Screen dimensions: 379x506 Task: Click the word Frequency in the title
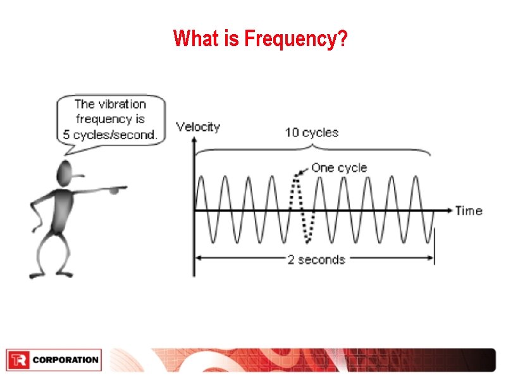(290, 39)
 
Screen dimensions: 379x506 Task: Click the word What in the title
(195, 39)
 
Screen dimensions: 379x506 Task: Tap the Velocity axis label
(198, 127)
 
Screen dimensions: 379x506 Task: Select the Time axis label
(469, 211)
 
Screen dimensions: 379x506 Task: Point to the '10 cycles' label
(311, 133)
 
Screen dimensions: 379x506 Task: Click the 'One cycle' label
(338, 168)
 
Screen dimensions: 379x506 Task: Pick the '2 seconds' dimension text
(316, 260)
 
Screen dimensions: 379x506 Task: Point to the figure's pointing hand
(118, 188)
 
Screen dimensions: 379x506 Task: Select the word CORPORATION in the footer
(65, 360)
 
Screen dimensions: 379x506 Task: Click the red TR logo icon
(18, 360)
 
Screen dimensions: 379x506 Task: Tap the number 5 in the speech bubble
(66, 135)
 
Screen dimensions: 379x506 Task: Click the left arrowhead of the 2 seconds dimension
(197, 258)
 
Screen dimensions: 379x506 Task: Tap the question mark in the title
(342, 39)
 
